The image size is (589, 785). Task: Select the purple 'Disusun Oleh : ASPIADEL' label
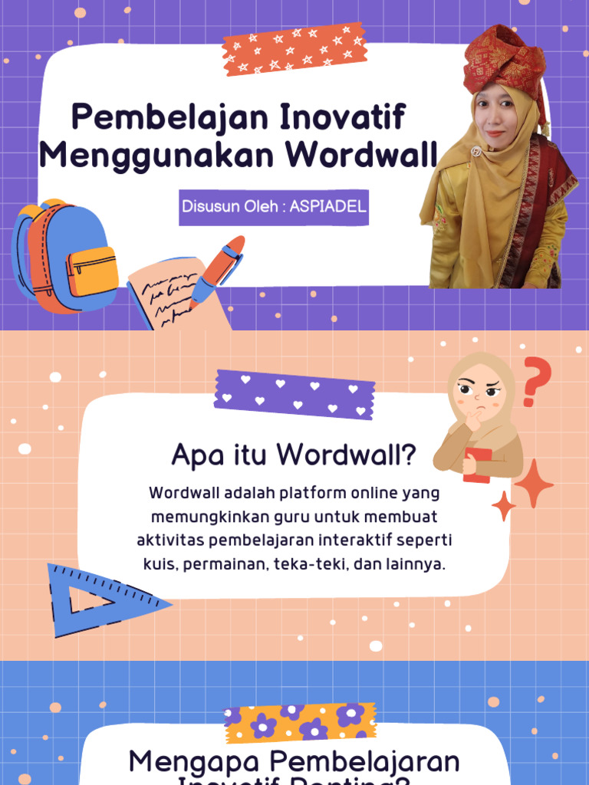coord(274,207)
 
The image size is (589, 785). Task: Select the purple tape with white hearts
coord(294,394)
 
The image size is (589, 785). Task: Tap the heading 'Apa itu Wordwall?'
coord(294,455)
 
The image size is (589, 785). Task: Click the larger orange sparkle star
coord(534,483)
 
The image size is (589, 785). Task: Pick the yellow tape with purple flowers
coord(300,722)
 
